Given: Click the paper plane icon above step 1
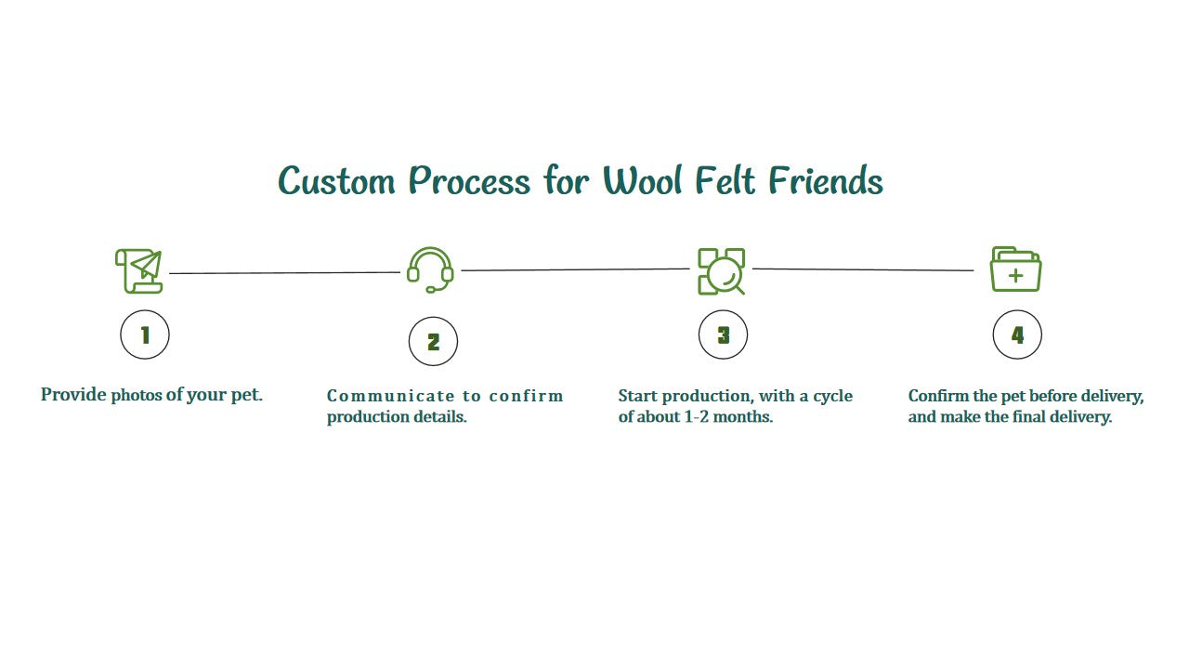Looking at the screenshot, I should click(138, 270).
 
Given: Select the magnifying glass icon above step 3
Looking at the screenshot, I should click(722, 271).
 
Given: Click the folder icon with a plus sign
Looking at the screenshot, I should click(1015, 269).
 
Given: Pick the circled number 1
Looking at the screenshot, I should click(145, 335).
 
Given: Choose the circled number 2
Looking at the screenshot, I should click(433, 342).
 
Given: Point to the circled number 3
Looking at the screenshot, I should click(723, 335).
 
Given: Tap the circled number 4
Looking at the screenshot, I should click(1017, 335).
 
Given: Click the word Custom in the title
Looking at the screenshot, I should click(336, 180).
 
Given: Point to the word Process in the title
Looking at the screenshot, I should click(470, 180).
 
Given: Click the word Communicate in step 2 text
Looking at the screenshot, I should click(391, 396).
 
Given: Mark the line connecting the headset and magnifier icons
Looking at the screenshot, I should click(576, 270).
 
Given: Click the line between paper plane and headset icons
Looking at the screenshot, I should click(284, 273).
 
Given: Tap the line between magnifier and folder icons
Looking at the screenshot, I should click(863, 269).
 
